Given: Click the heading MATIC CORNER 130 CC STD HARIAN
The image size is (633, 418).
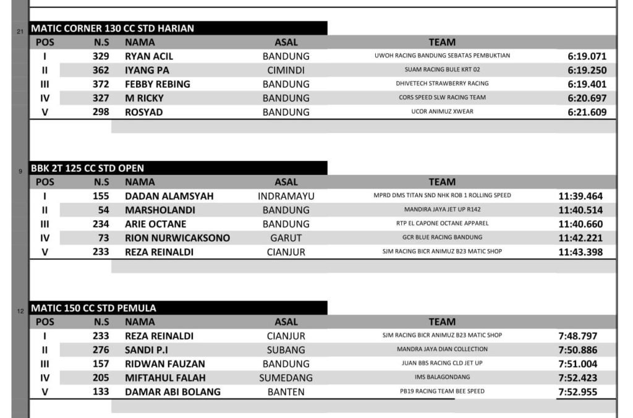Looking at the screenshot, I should (113, 28).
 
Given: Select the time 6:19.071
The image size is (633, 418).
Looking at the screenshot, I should (587, 56).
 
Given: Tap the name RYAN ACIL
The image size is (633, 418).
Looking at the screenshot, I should (149, 56).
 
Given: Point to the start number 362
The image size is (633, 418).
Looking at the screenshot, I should (101, 70).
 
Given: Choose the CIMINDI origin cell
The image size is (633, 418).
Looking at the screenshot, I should (286, 70).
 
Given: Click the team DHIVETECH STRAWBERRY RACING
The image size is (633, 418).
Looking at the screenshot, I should (442, 83).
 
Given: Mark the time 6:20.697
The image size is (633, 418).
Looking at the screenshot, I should (587, 98).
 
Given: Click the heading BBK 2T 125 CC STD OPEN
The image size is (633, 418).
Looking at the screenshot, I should (87, 168).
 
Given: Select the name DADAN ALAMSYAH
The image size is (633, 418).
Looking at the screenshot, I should (169, 196).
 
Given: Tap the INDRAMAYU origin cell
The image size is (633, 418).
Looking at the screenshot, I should (286, 196).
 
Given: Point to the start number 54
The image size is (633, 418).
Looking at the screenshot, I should (103, 210).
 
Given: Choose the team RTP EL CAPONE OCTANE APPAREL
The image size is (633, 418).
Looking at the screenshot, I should (442, 223).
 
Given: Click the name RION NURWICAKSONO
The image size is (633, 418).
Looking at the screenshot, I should (177, 238).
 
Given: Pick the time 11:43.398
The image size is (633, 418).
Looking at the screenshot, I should (580, 252).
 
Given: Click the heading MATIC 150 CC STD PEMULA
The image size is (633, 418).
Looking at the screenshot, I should (93, 308).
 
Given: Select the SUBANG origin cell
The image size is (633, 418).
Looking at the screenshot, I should (286, 350).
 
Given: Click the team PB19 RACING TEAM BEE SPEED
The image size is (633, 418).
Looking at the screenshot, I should (442, 391).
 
